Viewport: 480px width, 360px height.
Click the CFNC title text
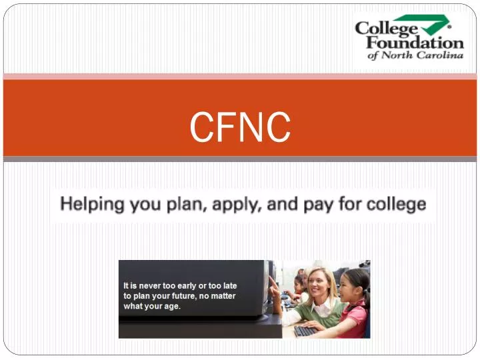pos(240,127)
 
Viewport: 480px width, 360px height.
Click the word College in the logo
pos(386,29)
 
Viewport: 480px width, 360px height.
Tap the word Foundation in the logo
pos(414,43)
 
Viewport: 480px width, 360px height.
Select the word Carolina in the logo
pos(440,56)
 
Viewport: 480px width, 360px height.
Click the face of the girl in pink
pos(351,287)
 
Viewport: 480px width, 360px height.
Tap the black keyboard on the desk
pos(307,331)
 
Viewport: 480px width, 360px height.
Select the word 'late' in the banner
pos(229,285)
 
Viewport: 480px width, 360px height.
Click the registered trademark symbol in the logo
pos(449,27)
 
